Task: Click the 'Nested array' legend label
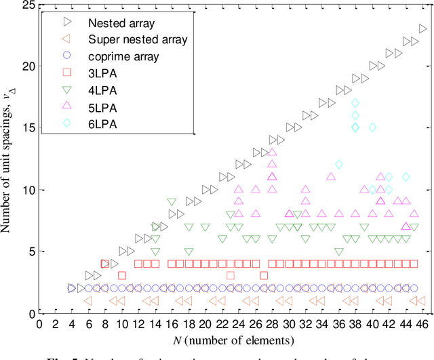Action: click(x=114, y=22)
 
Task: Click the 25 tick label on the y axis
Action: click(x=26, y=5)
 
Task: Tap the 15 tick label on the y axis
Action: click(x=26, y=128)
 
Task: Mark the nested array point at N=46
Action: click(x=422, y=29)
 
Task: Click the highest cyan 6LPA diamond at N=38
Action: click(x=355, y=103)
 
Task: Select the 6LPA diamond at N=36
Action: click(x=339, y=165)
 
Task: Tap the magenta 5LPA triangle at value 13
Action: click(x=272, y=153)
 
